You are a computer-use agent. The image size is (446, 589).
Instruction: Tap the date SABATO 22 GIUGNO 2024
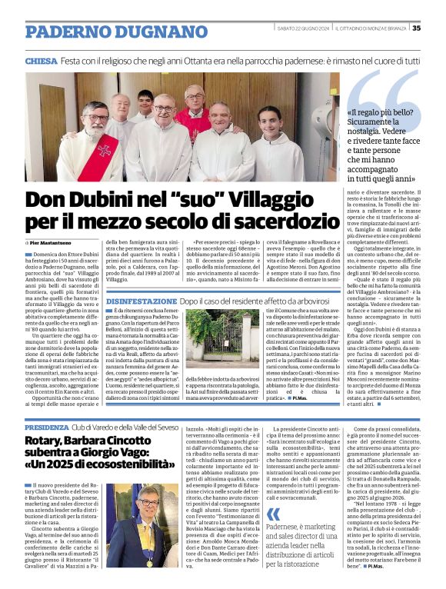tap(305, 29)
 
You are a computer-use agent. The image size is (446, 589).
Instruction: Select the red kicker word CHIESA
tap(43, 60)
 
